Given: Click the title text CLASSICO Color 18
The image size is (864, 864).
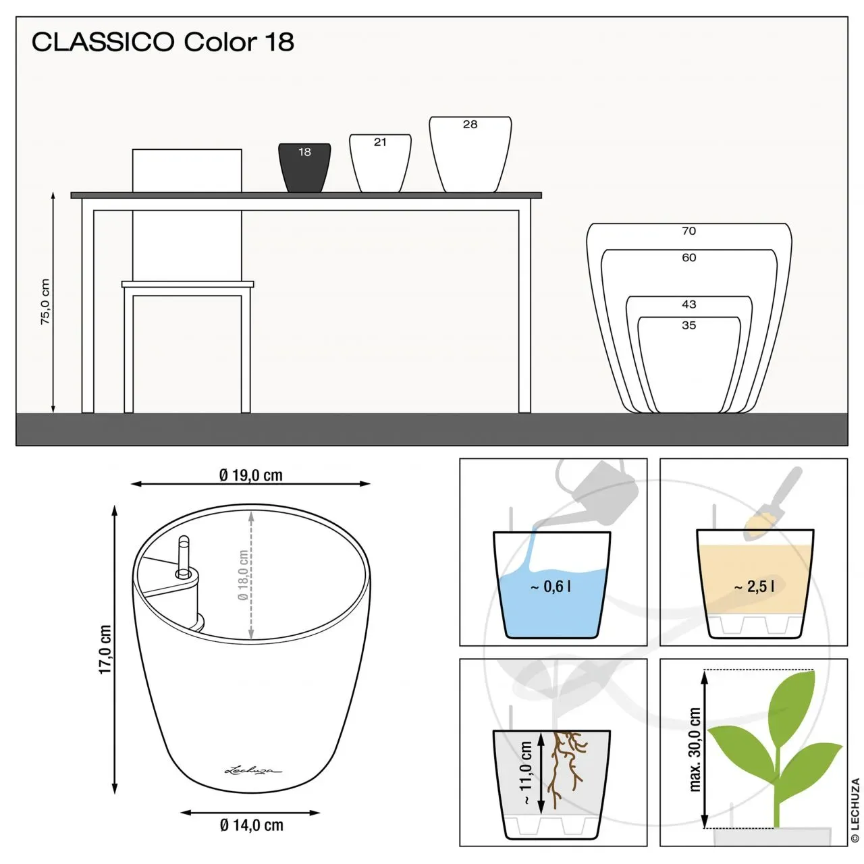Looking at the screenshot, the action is coord(163,42).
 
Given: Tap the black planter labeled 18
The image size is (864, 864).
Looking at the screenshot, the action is coord(304,167).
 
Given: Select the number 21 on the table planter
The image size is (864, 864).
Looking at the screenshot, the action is coord(380,142).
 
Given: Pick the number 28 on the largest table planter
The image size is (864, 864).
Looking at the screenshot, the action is coord(470,124).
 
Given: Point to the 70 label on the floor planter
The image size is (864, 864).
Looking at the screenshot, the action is coord(688,231).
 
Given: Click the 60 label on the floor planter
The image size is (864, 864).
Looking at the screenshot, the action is coord(688,258).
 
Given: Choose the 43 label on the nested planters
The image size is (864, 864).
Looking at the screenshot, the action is coord(688,304).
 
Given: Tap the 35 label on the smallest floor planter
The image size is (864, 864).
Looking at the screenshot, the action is coord(688,325).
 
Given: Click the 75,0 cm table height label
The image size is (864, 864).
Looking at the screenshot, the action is coord(45,301).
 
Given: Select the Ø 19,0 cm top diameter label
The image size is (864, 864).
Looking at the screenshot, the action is coord(251,475).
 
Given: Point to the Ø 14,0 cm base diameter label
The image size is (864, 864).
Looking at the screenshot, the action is coord(252,825).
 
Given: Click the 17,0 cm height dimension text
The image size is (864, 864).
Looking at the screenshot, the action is coord(105,649).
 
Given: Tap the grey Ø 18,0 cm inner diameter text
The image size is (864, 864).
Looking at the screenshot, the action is coord(243,575).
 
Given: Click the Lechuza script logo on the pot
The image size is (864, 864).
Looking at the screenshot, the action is coord(253,771).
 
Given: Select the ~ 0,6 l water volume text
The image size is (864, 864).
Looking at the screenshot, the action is coord(551,587).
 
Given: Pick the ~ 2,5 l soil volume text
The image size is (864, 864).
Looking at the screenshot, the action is coord(754,587).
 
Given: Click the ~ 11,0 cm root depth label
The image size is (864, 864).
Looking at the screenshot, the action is coord(525,772).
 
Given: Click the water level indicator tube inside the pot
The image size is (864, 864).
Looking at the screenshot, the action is coord(184,556).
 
